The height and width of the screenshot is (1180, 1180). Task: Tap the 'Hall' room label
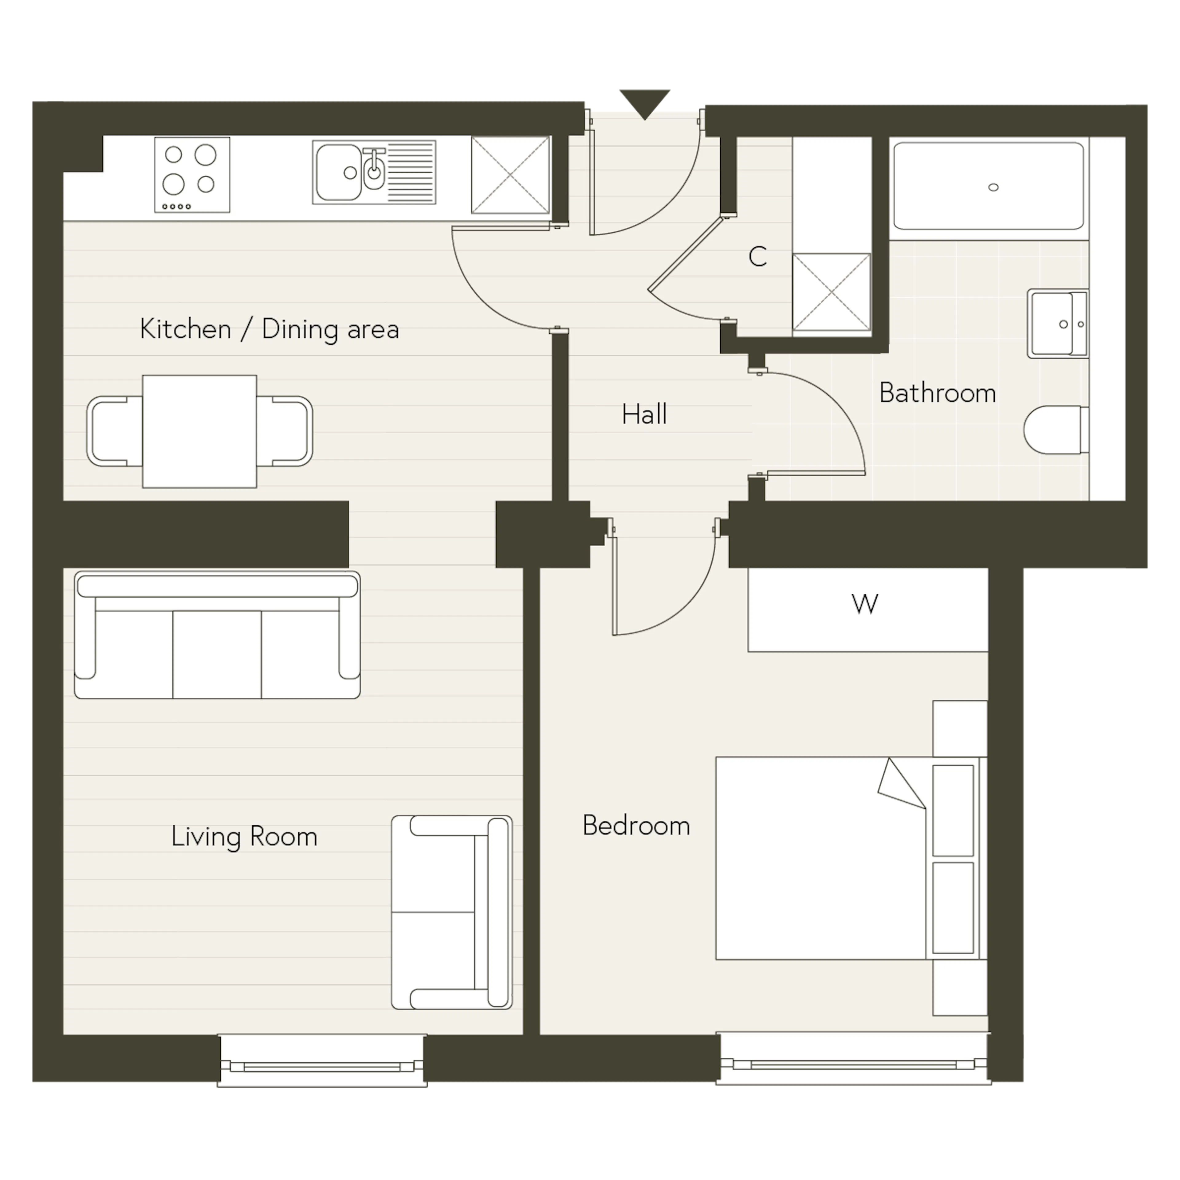click(644, 414)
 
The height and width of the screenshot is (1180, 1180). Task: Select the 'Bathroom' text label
click(938, 393)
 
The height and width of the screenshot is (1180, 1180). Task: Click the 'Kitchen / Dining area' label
click(269, 329)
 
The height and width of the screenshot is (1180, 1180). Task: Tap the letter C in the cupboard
click(757, 257)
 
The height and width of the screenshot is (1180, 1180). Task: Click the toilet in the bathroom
click(1056, 430)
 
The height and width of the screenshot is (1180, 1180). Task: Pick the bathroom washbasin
click(1058, 324)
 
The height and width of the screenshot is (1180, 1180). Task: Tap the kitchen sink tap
click(373, 168)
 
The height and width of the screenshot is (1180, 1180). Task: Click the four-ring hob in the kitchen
click(192, 175)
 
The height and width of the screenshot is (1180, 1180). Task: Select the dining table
click(200, 431)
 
